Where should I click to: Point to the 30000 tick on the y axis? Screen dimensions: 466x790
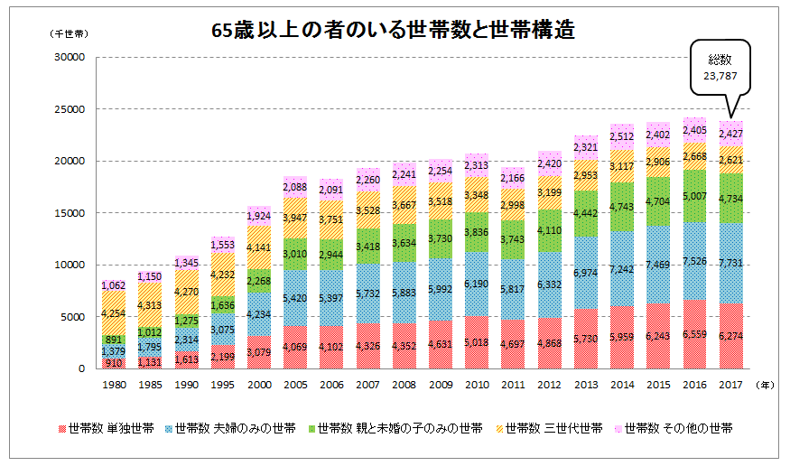70,57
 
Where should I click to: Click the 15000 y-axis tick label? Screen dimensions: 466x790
70,213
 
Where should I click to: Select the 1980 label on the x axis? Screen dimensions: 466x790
113,385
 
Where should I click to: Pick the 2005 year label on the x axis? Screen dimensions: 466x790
296,385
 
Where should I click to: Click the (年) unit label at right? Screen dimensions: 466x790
767,385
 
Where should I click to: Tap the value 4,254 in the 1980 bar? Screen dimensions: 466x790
113,313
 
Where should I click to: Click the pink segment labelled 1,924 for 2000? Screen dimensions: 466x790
259,217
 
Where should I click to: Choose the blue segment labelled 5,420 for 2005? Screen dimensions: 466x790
296,297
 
